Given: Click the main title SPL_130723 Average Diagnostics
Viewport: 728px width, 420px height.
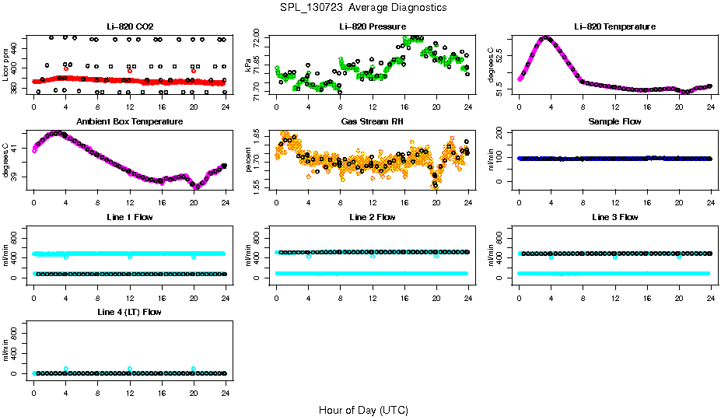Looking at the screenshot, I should tap(364, 7).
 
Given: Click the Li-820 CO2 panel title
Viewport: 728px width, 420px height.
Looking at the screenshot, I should tap(129, 26).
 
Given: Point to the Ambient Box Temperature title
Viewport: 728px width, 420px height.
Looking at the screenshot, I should tap(129, 122).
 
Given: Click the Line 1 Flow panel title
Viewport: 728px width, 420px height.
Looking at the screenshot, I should tap(129, 217).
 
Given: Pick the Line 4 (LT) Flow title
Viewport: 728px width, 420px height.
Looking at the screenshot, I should tap(129, 312).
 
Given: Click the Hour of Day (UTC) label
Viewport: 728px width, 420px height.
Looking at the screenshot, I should tap(363, 410).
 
